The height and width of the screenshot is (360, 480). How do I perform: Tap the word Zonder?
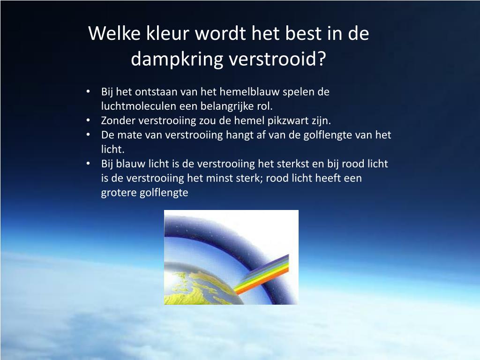(118, 120)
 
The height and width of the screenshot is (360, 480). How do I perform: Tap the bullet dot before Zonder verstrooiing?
(88, 120)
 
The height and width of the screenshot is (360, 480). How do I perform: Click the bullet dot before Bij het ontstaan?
(88, 92)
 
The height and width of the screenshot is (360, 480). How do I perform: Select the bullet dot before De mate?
(88, 135)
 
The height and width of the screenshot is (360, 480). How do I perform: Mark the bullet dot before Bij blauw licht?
(88, 164)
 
